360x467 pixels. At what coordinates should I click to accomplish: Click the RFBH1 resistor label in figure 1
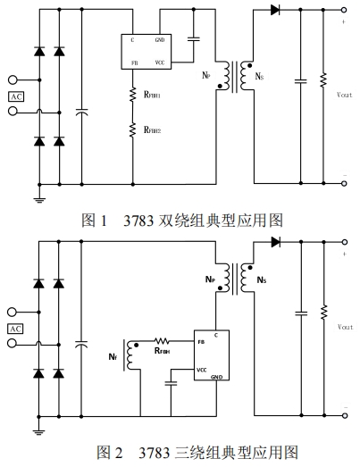click(152, 95)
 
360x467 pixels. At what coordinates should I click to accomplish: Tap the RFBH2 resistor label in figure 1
click(152, 129)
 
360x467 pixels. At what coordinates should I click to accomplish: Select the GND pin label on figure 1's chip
click(160, 40)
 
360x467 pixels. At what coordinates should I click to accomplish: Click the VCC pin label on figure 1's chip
click(160, 63)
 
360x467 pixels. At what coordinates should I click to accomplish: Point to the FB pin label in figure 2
click(201, 342)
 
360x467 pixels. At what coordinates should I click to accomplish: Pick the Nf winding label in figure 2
click(113, 356)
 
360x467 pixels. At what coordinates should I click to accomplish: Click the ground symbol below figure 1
click(39, 200)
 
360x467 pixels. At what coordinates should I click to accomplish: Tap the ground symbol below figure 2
click(38, 432)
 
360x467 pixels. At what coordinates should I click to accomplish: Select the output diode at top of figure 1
click(275, 10)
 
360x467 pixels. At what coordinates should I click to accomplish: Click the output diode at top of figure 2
click(276, 242)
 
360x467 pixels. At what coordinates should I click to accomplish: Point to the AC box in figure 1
click(16, 96)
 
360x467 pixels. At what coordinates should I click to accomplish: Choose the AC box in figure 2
click(15, 329)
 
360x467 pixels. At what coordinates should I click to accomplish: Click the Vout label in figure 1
click(345, 95)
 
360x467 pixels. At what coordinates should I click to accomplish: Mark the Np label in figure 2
click(210, 279)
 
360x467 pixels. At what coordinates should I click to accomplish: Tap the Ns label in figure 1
click(259, 77)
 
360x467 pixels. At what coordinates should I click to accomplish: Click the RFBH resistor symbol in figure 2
click(162, 341)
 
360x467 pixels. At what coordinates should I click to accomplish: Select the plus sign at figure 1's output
click(344, 21)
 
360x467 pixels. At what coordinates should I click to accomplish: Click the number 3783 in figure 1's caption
click(138, 221)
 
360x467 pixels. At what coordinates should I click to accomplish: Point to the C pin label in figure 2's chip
click(216, 336)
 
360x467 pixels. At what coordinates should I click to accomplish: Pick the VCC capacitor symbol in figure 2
click(171, 383)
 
